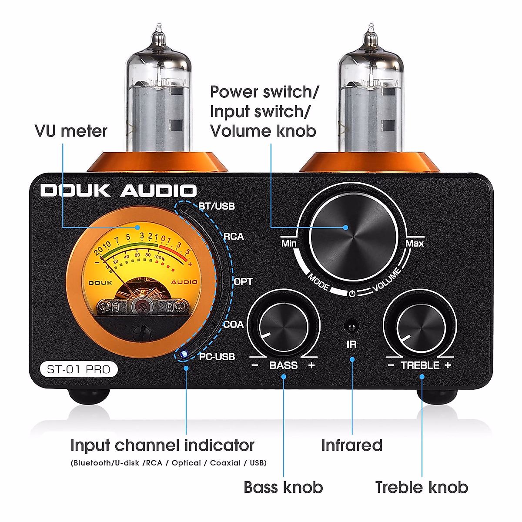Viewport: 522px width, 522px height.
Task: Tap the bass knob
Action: point(283,326)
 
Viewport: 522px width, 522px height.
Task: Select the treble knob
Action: point(420,327)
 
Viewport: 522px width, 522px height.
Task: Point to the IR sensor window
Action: point(351,326)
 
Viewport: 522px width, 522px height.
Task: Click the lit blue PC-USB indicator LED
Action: point(184,354)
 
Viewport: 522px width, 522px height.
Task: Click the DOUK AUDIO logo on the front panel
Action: point(118,191)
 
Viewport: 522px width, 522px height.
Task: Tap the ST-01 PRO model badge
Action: point(78,369)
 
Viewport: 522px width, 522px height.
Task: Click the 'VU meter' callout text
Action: point(71,131)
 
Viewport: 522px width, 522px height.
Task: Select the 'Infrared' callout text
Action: point(351,445)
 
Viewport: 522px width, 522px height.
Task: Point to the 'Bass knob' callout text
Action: point(283,487)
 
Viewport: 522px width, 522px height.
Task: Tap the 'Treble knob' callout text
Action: point(422,487)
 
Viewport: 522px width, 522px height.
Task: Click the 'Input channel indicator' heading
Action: point(162,445)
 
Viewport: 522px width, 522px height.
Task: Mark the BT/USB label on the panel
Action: point(217,206)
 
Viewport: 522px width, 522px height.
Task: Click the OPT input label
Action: point(243,281)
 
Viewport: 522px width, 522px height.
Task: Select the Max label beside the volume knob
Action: point(414,243)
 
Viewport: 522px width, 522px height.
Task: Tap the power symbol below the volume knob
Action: point(352,293)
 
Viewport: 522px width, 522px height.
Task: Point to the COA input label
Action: point(234,325)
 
